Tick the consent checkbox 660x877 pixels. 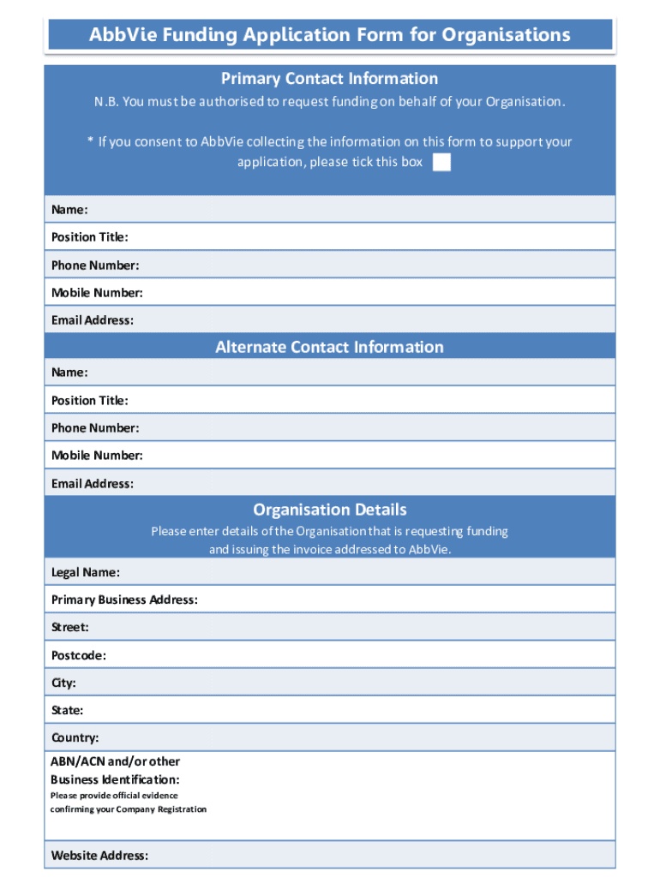point(441,163)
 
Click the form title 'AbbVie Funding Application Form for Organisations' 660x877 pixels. point(330,35)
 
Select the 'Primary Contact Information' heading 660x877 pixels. point(330,79)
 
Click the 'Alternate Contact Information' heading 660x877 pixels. point(330,347)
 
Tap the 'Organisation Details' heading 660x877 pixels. point(330,510)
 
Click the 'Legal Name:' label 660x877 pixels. point(86,572)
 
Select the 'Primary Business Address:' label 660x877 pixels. point(124,600)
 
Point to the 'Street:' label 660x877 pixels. point(70,628)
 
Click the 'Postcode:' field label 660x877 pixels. point(79,655)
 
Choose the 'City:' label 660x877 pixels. point(64,683)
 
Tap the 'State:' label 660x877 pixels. point(68,710)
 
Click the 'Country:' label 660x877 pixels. point(75,737)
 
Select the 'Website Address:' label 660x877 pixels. point(99,855)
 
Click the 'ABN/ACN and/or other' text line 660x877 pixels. point(116,761)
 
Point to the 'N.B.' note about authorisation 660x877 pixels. point(330,102)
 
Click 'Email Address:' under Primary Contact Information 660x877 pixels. point(93,320)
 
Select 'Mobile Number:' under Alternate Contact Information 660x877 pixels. point(97,455)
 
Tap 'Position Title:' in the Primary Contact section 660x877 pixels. point(90,237)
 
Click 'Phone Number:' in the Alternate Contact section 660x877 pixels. point(95,427)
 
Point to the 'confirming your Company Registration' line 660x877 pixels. point(129,809)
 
